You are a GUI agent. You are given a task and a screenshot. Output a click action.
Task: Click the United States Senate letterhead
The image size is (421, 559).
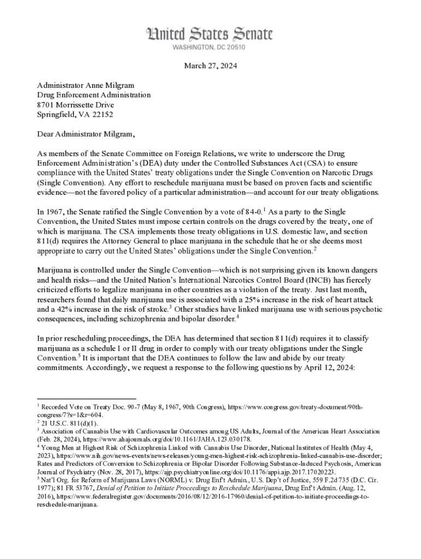(209, 34)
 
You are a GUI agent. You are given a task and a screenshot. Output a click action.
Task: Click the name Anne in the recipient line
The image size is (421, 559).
(94, 85)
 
